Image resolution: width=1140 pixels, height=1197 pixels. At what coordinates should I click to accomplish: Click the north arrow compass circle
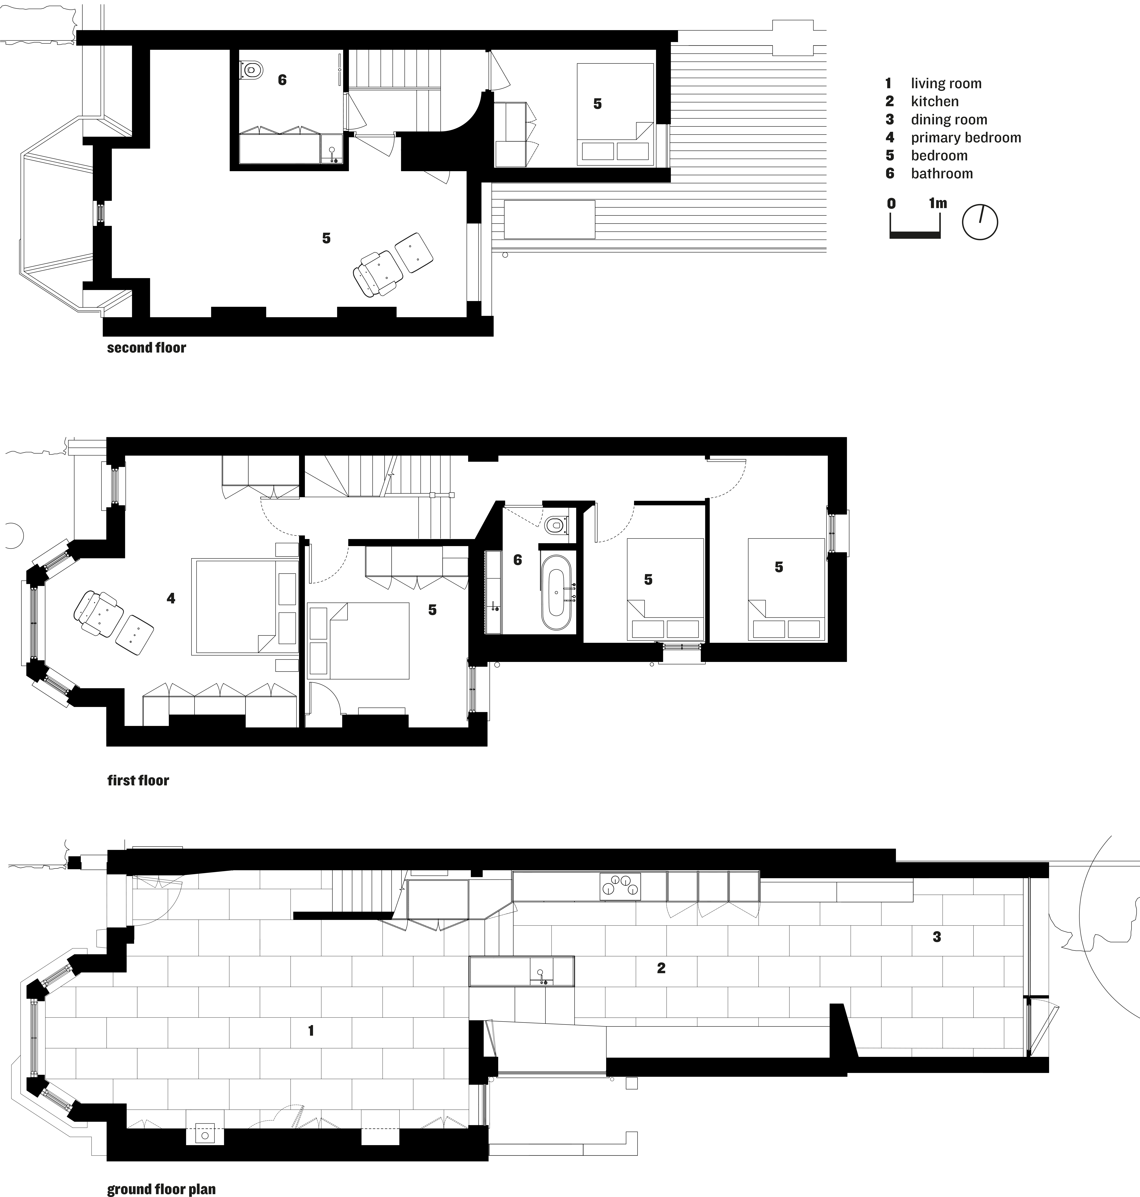pos(980,222)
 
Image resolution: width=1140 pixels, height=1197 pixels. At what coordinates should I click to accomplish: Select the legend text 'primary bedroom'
pos(966,138)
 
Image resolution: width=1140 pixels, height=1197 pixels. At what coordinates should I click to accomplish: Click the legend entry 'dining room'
pos(949,120)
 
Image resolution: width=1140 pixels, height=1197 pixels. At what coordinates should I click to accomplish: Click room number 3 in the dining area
pos(936,937)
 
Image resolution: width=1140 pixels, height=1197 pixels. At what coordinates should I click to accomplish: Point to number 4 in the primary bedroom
pos(171,598)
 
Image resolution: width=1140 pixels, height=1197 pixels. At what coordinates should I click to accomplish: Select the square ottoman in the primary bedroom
pos(134,635)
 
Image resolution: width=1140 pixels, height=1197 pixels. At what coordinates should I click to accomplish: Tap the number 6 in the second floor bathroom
pos(282,80)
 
